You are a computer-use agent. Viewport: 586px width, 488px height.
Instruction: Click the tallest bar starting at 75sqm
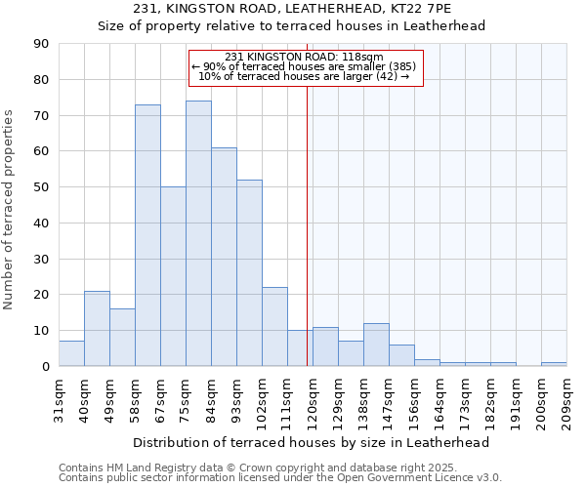click(x=198, y=233)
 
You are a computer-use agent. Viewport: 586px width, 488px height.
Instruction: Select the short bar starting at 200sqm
click(x=554, y=364)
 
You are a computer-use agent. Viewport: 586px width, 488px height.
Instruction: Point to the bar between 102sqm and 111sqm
click(x=274, y=327)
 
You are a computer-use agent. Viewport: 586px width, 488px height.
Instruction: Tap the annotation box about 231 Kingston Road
click(x=305, y=67)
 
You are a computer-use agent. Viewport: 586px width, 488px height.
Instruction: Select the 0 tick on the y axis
click(x=47, y=367)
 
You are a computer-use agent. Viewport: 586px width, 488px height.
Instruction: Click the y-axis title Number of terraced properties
click(x=9, y=210)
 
